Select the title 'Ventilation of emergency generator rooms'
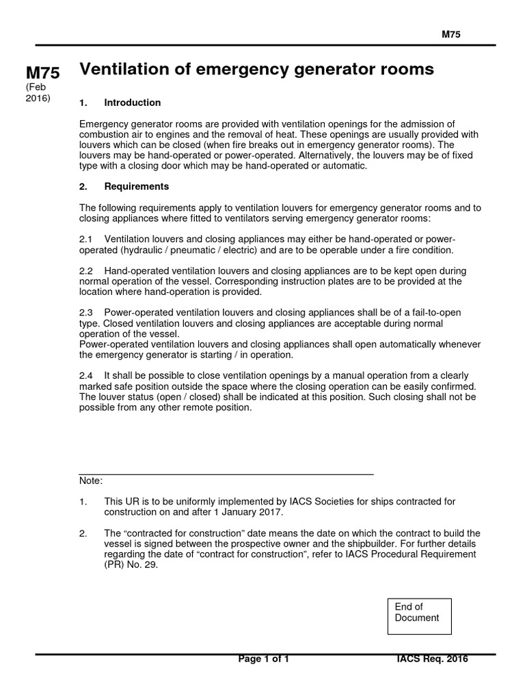pyautogui.click(x=256, y=69)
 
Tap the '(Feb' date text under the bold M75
pyautogui.click(x=36, y=87)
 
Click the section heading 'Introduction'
pyautogui.click(x=132, y=103)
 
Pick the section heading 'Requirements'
pyautogui.click(x=136, y=186)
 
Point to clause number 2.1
pyautogui.click(x=87, y=240)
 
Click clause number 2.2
pyautogui.click(x=87, y=271)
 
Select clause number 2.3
pyautogui.click(x=87, y=313)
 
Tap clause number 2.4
pyautogui.click(x=87, y=376)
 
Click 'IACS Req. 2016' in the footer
pyautogui.click(x=432, y=659)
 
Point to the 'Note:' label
pyautogui.click(x=91, y=481)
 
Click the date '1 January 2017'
pyautogui.click(x=245, y=512)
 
